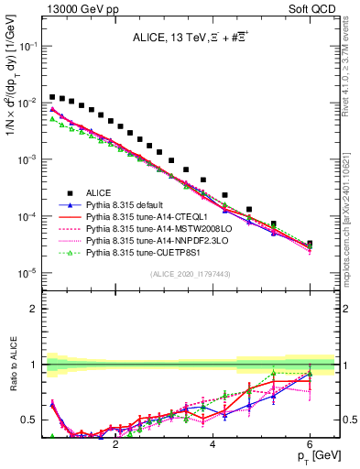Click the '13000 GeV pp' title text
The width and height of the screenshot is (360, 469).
pos(76,7)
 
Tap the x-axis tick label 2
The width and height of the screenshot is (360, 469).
pos(115,442)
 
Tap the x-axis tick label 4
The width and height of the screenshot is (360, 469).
pos(213,442)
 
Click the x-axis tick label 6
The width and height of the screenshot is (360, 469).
pos(310,442)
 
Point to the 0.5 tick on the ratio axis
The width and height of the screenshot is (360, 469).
pos(29,420)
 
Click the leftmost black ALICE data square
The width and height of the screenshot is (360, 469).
pos(52,96)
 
